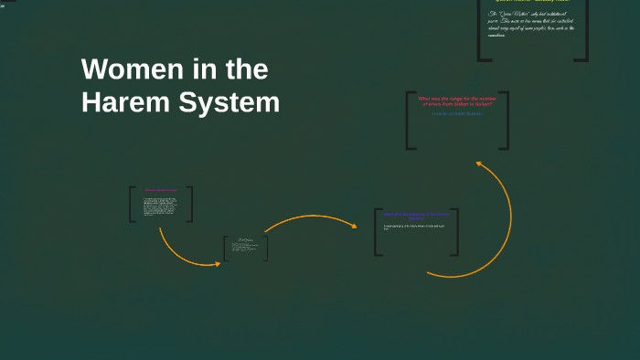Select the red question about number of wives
[x=456, y=101]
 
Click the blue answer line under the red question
[x=456, y=113]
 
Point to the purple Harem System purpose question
[x=415, y=217]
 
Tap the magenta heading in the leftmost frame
[x=161, y=190]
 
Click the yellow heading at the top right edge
[x=533, y=2]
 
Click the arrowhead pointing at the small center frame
[x=217, y=264]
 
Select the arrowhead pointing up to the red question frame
[x=478, y=164]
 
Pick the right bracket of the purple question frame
[x=456, y=232]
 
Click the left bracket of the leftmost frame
[x=131, y=204]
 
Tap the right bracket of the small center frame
[x=266, y=249]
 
